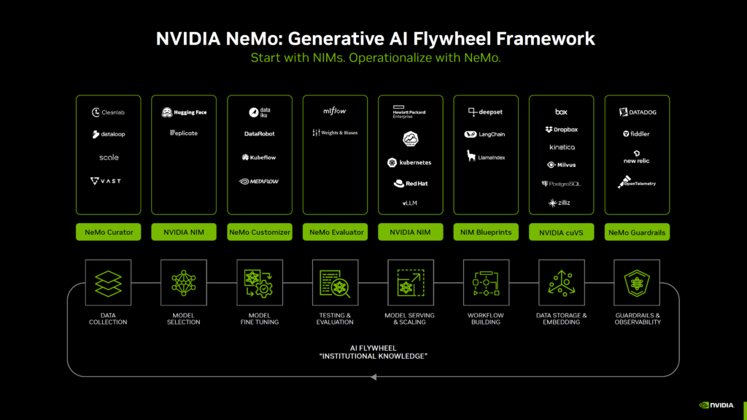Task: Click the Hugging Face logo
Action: click(x=184, y=112)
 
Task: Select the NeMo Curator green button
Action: click(x=109, y=232)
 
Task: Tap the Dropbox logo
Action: click(x=561, y=129)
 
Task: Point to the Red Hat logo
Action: click(x=411, y=184)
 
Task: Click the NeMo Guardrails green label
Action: click(x=637, y=232)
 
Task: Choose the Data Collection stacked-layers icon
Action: click(x=108, y=282)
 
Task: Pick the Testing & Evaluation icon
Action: click(x=335, y=282)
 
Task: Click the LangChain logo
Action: click(x=485, y=134)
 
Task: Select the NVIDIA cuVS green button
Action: click(x=561, y=232)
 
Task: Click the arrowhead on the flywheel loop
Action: click(x=373, y=377)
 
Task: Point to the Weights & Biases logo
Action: click(x=335, y=133)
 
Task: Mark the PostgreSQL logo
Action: click(x=561, y=184)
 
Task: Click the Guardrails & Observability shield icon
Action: click(x=637, y=282)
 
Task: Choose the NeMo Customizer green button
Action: click(x=260, y=232)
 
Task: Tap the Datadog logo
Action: click(x=637, y=112)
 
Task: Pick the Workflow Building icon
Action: click(x=486, y=282)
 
